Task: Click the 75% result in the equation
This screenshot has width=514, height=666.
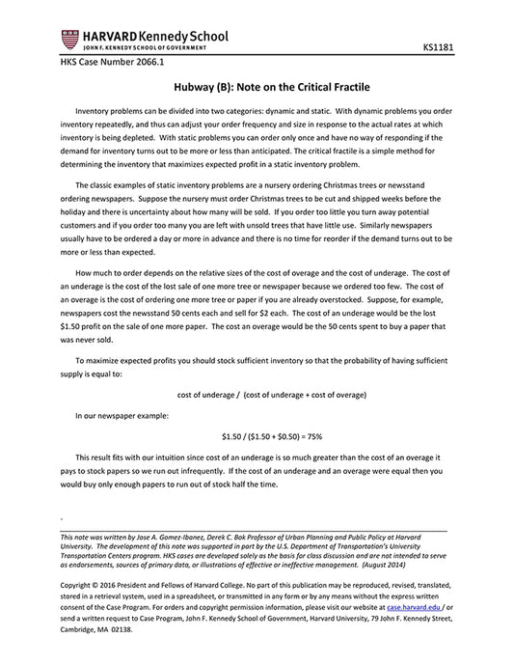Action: pos(312,436)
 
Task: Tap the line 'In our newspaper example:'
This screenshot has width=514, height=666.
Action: pos(122,414)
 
